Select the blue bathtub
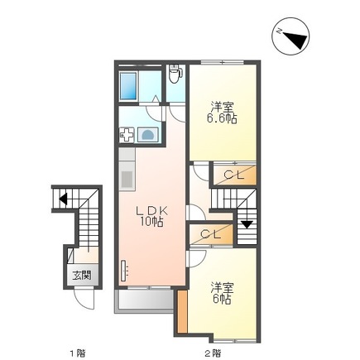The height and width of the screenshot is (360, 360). [x=128, y=84]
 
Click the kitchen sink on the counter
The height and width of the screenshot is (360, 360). [x=127, y=176]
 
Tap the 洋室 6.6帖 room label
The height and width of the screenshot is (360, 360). [x=222, y=113]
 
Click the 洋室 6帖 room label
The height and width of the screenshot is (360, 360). [x=221, y=292]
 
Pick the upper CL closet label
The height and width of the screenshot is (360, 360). [x=233, y=175]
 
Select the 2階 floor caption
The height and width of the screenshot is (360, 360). [x=213, y=353]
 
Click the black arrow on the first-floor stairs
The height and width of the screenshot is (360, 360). [x=63, y=198]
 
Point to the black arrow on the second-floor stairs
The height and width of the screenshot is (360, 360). [x=246, y=223]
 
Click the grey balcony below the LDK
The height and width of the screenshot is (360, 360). [x=146, y=300]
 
